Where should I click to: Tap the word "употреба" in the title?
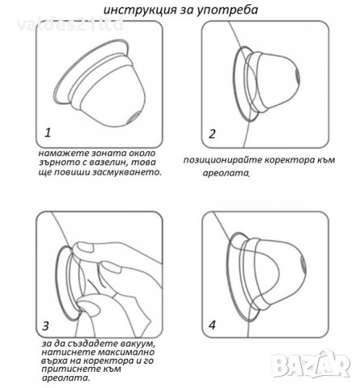pyautogui.click(x=227, y=11)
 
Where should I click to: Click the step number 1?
pyautogui.click(x=48, y=133)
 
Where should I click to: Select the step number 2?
pyautogui.click(x=212, y=134)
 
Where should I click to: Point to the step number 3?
pyautogui.click(x=45, y=326)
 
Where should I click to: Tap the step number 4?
pyautogui.click(x=213, y=325)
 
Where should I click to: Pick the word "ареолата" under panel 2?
pyautogui.click(x=226, y=173)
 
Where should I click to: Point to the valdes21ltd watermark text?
pyautogui.click(x=70, y=25)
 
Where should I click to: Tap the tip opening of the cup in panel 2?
pyautogui.click(x=296, y=76)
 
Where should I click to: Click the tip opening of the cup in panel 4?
pyautogui.click(x=303, y=264)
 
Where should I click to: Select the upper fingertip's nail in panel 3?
pyautogui.click(x=83, y=247)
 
